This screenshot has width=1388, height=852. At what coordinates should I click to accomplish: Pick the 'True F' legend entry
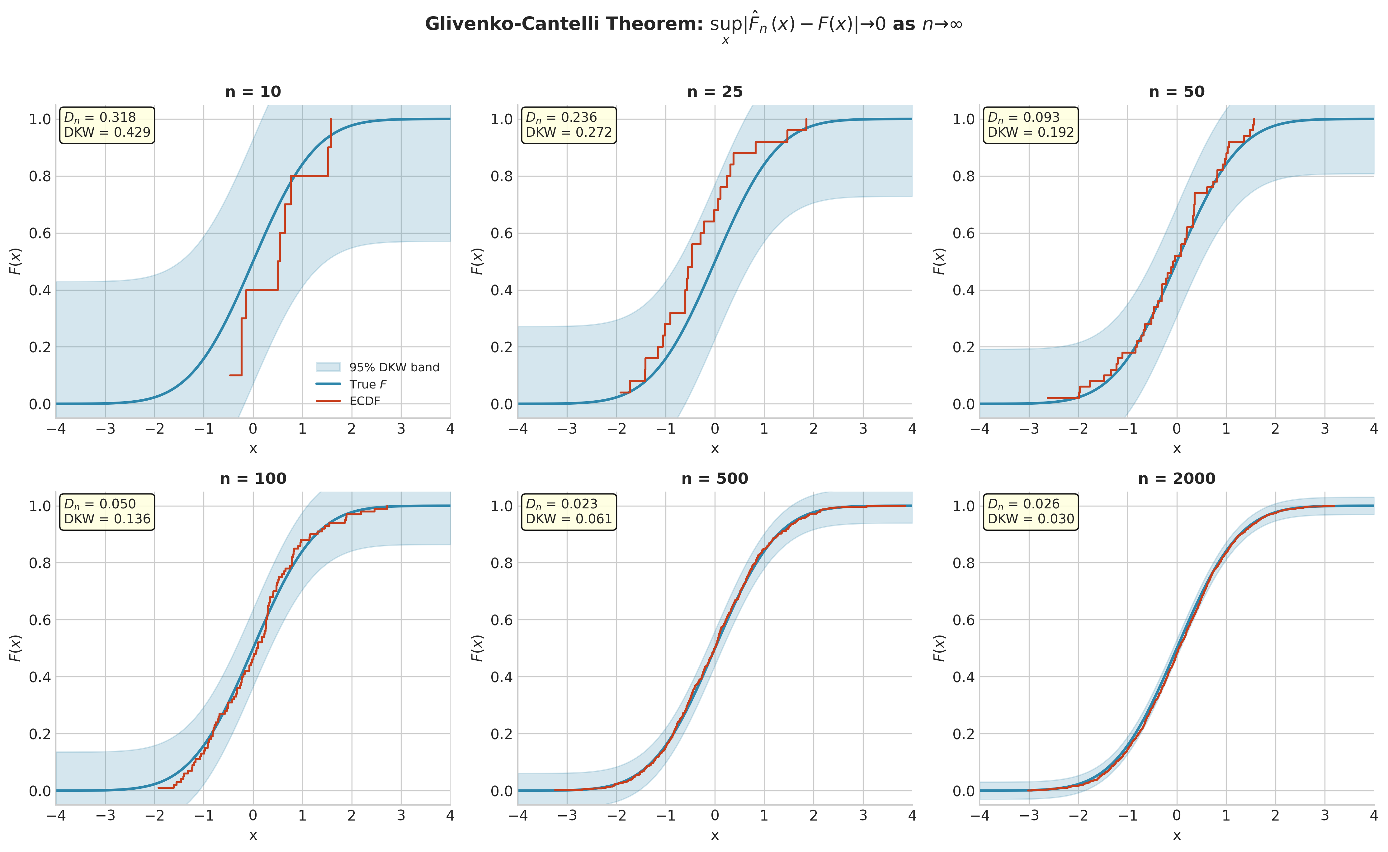367,384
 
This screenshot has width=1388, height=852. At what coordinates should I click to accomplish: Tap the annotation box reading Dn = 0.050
107,512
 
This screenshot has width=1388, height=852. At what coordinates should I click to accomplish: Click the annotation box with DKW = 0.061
569,512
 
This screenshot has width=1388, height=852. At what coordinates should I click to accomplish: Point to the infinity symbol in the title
955,24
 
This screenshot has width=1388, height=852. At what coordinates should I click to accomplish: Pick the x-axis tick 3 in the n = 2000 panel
1324,815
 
